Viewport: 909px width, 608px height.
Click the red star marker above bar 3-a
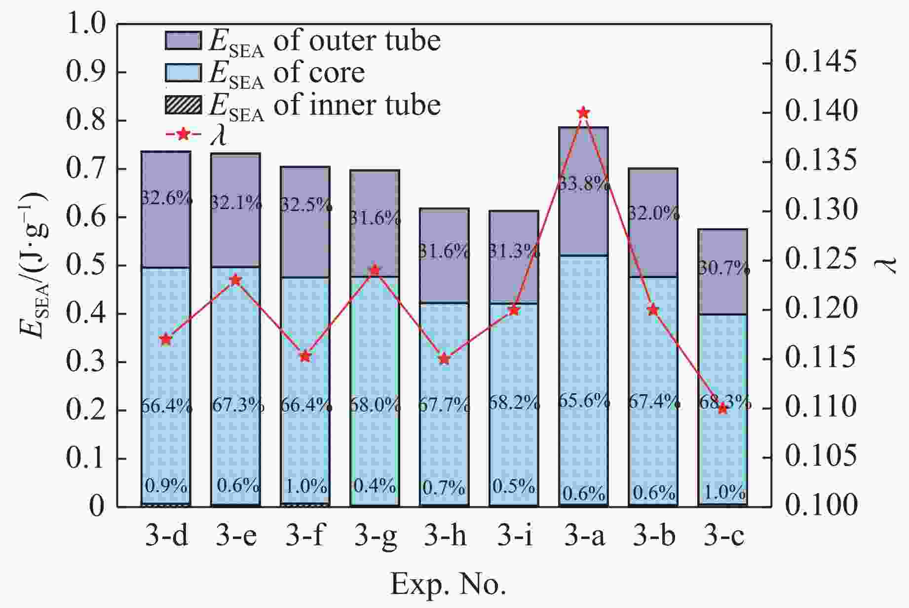click(583, 113)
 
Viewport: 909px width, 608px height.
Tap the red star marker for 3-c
click(723, 408)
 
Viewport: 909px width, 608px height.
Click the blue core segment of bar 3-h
click(444, 444)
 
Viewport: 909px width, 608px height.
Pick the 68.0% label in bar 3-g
click(375, 405)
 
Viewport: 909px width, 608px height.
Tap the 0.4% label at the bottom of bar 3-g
click(375, 486)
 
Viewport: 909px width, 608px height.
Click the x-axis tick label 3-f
click(305, 536)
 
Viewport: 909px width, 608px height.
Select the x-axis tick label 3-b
click(654, 536)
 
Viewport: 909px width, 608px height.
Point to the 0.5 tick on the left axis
click(86, 265)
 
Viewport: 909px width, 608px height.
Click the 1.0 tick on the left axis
click(86, 24)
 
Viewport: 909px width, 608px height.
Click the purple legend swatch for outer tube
click(183, 41)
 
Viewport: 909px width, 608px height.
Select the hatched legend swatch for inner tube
click(183, 105)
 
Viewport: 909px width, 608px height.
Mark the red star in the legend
click(183, 134)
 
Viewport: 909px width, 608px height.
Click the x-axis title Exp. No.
click(448, 585)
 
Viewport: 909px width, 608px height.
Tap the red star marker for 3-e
click(236, 280)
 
